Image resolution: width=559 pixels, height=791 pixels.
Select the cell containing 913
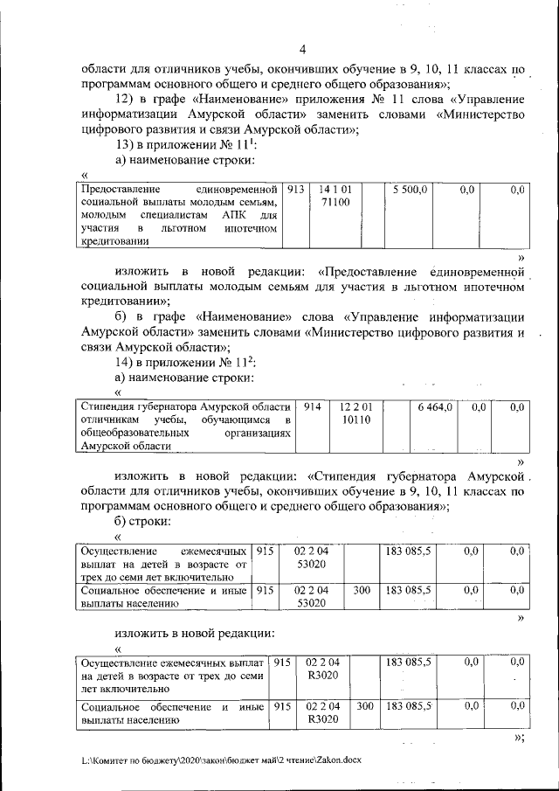click(x=295, y=189)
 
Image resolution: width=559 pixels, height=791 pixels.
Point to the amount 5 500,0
click(x=408, y=189)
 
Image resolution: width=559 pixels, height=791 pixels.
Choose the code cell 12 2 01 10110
click(x=356, y=413)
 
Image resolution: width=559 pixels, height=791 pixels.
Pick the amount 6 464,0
click(x=434, y=407)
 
